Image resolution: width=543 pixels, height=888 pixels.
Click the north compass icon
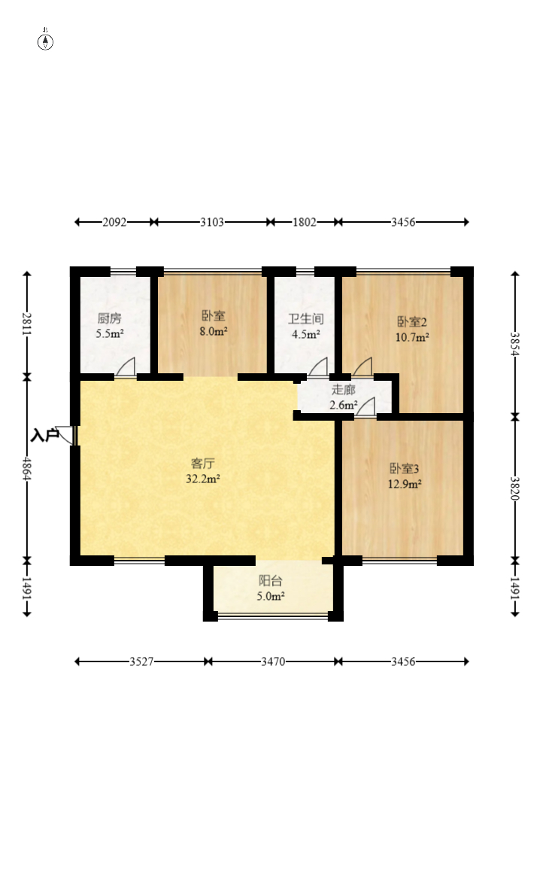45,41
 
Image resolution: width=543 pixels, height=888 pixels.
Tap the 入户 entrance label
45,436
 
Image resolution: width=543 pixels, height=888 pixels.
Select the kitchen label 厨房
109,319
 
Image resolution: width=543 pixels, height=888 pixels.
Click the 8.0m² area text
214,332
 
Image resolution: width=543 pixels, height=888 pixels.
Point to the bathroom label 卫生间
306,319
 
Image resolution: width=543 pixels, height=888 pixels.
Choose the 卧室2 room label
411,322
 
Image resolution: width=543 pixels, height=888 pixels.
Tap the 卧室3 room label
405,469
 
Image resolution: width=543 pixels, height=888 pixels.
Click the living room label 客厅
203,464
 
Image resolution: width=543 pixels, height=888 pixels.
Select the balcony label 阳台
270,581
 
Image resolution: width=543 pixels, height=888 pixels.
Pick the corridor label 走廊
343,390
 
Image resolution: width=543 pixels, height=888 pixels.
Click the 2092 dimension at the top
114,222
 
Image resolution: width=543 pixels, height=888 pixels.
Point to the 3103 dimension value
212,222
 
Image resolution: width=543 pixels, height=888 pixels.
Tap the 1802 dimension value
305,222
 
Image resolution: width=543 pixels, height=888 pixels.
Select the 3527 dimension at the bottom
141,661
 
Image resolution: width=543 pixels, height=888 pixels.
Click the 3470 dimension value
273,661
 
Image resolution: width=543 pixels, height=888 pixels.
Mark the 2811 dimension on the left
26,324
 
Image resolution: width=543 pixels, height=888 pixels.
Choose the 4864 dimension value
26,468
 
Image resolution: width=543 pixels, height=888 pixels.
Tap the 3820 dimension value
514,488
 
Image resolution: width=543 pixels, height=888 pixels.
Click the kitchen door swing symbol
126,367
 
